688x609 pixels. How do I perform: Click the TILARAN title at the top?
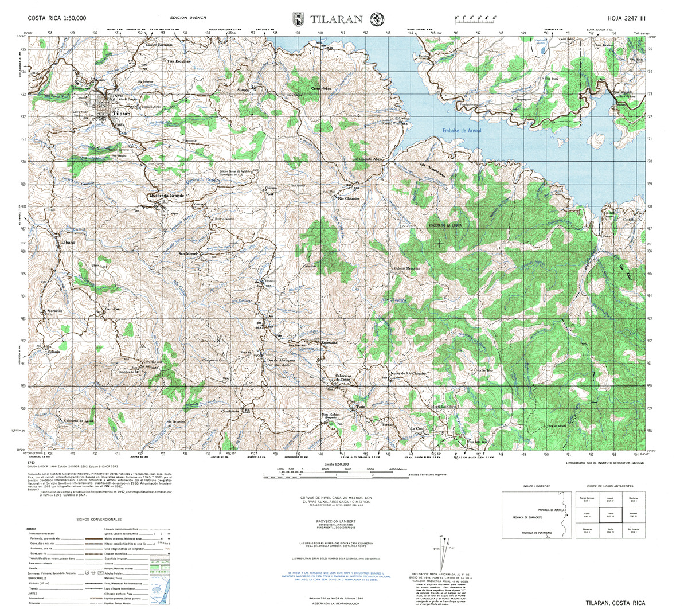coord(337,18)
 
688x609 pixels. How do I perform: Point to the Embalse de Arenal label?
coord(462,131)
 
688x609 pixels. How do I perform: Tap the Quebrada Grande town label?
coord(166,196)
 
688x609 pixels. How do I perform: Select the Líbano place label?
coord(65,243)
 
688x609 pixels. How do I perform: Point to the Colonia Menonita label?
coord(407,268)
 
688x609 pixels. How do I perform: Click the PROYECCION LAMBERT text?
coord(337,521)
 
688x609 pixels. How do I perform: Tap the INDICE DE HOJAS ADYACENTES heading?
coord(607,486)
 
